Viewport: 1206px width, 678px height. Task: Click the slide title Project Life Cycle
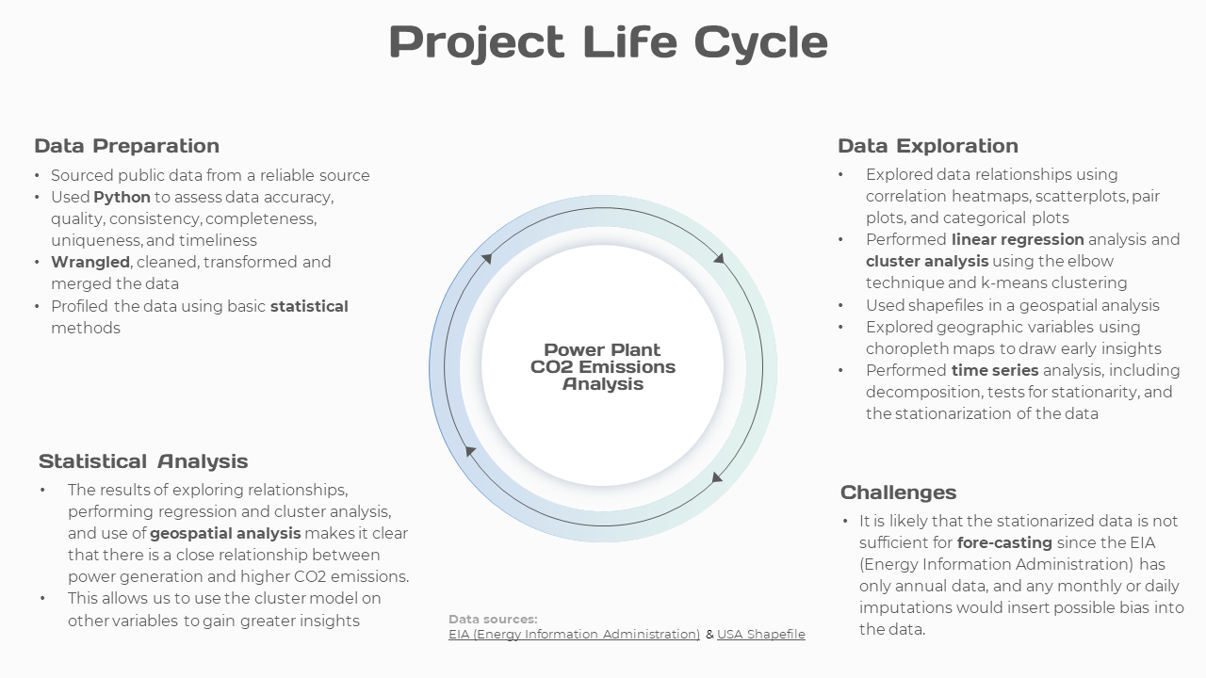click(608, 41)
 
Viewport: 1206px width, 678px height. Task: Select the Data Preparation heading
click(126, 146)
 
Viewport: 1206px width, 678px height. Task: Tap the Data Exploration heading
click(927, 146)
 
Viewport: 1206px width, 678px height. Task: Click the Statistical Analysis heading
click(143, 461)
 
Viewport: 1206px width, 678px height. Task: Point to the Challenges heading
click(898, 492)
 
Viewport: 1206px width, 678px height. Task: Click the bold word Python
click(122, 197)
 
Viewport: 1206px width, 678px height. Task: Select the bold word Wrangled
click(90, 262)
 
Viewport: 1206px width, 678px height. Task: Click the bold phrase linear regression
click(1018, 239)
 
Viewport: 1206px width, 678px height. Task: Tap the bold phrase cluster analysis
click(927, 261)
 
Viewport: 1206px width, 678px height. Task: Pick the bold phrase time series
click(995, 370)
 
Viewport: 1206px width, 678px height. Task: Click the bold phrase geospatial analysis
click(225, 533)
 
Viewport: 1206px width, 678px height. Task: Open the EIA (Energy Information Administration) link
click(574, 635)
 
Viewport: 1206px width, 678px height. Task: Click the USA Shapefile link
click(760, 635)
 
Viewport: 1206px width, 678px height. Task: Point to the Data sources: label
click(493, 619)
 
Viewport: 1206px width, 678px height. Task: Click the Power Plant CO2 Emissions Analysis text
click(603, 366)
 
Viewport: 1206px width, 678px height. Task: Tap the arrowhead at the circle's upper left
click(486, 256)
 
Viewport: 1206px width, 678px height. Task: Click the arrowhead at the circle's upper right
click(719, 257)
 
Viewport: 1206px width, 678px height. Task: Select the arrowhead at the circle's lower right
click(717, 476)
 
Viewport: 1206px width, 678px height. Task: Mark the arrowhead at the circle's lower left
click(471, 453)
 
